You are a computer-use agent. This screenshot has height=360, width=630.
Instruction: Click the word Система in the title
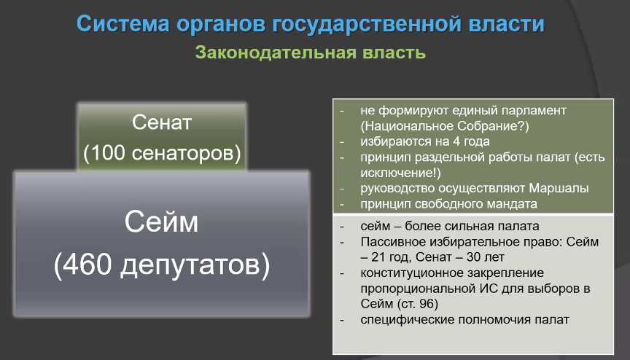123,23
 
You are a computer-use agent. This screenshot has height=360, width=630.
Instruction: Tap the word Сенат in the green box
162,122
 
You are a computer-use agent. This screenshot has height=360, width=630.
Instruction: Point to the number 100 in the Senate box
107,153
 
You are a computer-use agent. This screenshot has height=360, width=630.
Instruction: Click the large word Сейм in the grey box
161,222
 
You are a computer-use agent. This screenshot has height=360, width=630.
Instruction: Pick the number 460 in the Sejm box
87,265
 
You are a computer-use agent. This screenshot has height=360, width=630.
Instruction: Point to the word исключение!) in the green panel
400,173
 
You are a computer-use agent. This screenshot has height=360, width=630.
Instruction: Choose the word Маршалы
559,188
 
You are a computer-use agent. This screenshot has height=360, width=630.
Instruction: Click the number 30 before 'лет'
474,257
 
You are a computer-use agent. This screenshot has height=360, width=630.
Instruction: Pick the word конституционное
412,273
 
